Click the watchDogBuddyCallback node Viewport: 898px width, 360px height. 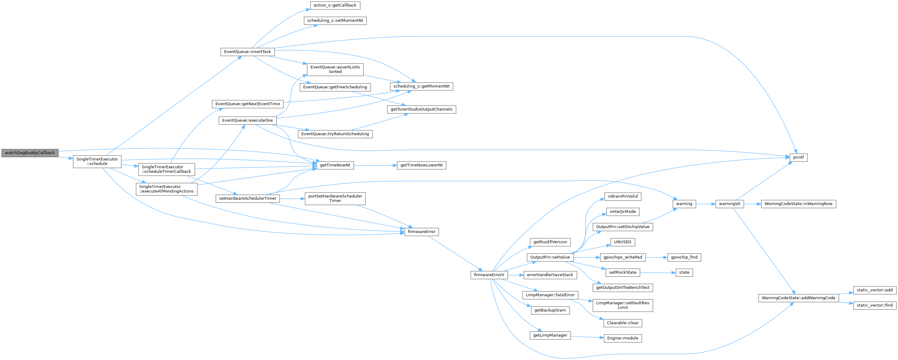tap(30, 153)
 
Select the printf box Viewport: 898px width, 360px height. tap(798, 157)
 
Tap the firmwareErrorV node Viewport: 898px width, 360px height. tap(489, 275)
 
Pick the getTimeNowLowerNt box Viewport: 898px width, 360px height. tap(421, 165)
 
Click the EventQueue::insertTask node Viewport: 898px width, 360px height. tap(248, 51)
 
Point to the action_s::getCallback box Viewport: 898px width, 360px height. tap(335, 5)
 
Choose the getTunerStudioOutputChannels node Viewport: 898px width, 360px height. tap(421, 109)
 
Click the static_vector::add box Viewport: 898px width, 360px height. tap(874, 290)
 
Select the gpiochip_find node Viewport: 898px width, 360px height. tap(684, 257)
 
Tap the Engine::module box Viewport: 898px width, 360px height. tap(622, 338)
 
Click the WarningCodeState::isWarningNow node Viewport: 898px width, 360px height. tap(798, 204)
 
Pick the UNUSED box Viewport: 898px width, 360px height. tap(622, 242)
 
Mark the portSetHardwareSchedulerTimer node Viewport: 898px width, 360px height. tap(335, 198)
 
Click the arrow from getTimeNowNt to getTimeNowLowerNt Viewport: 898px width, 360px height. tap(375, 165)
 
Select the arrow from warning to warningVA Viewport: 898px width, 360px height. tap(705, 204)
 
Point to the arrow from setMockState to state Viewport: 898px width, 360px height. tap(657, 272)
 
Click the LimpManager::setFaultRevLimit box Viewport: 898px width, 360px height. tap(622, 305)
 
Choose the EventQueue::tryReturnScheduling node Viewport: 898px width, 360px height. tap(335, 134)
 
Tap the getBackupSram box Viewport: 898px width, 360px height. tap(550, 310)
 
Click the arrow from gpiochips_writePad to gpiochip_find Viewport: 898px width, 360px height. tap(656, 257)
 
